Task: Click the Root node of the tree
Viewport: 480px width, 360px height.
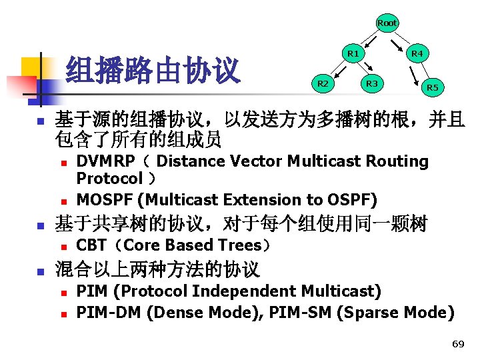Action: tap(387, 23)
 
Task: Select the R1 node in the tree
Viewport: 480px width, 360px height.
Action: tap(353, 53)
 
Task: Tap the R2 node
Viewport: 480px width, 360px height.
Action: tap(323, 83)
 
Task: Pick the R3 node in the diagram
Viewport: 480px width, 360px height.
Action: tap(372, 83)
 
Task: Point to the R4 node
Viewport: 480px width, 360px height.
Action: tap(417, 53)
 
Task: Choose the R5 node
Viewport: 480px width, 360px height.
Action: tap(433, 87)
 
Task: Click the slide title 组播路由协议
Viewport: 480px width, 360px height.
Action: tap(153, 71)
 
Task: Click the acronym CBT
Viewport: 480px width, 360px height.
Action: tap(91, 245)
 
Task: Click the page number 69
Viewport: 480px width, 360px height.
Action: tap(457, 344)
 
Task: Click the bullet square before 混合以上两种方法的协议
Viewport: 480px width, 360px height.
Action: tap(40, 272)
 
